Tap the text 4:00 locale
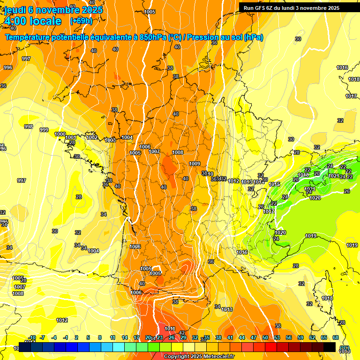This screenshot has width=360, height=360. pyautogui.click(x=32, y=21)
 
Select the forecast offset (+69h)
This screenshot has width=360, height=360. pyautogui.click(x=81, y=21)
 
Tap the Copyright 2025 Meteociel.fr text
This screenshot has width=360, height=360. pyautogui.click(x=199, y=357)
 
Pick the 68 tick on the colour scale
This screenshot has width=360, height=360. pyautogui.click(x=336, y=337)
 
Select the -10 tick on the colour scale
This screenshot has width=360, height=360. pyautogui.click(x=32, y=337)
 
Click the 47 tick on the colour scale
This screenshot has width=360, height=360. pyautogui.click(x=254, y=337)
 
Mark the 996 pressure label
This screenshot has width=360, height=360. pyautogui.click(x=8, y=68)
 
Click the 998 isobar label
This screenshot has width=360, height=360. pyautogui.click(x=29, y=127)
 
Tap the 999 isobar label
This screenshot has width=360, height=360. pyautogui.click(x=44, y=130)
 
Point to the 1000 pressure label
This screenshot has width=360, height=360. pyautogui.click(x=60, y=134)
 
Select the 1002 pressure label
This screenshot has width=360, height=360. pyautogui.click(x=92, y=137)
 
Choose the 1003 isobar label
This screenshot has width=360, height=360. pyautogui.click(x=110, y=140)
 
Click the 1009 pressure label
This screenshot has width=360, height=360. pyautogui.click(x=195, y=164)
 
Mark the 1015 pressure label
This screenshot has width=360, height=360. pyautogui.click(x=275, y=184)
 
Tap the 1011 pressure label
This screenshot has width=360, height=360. pyautogui.click(x=170, y=329)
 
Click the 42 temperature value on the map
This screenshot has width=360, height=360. pyautogui.click(x=182, y=333)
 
